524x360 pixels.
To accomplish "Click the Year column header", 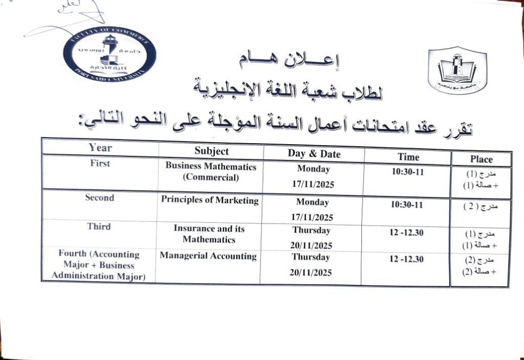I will (x=100, y=148).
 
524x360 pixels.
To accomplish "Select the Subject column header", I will (x=211, y=151).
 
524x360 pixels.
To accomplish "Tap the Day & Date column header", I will (x=314, y=154).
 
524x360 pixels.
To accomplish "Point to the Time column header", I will (x=408, y=157).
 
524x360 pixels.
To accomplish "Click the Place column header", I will (x=481, y=160).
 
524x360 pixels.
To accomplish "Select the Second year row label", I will (x=99, y=197).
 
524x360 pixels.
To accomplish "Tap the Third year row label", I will (x=99, y=226).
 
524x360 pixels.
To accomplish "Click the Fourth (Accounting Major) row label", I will (x=99, y=265).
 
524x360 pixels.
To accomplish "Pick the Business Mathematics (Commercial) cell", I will (x=211, y=172).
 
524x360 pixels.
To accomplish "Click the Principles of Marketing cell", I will (x=210, y=200).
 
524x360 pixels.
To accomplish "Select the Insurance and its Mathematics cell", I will (x=209, y=234).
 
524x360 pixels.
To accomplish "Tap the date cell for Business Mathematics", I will (x=313, y=176).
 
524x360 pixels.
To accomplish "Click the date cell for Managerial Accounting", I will (x=310, y=265).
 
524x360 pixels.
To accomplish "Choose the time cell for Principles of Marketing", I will (x=407, y=204).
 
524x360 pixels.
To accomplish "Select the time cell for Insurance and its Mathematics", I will (x=406, y=233).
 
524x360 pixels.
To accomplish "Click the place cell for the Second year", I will (x=480, y=207).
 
